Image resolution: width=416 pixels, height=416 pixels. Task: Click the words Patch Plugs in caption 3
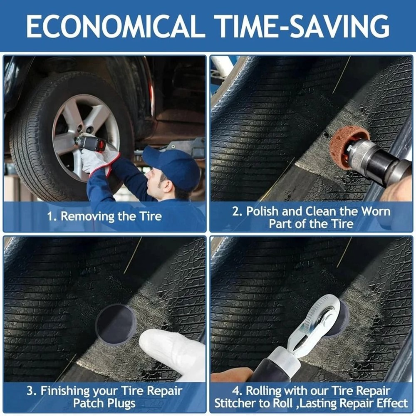(104, 403)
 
